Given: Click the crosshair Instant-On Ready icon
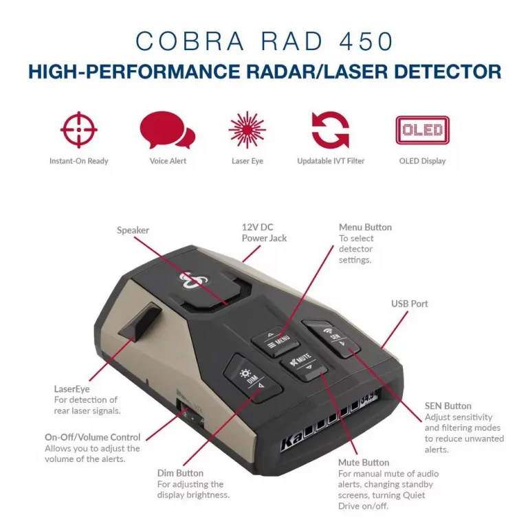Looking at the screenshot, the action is pos(79,130).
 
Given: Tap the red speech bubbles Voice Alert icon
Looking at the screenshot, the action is pos(167,130).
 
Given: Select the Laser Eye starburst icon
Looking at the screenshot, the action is pos(247,130).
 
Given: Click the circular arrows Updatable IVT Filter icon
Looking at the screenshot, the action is pos(330,130).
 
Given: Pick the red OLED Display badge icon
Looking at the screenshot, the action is pos(422,131).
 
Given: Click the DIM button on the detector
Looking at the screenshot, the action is pos(252,378).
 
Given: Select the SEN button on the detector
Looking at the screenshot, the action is pos(331,338).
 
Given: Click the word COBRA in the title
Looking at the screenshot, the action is pos(190,41).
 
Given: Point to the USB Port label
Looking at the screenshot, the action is pos(410,304).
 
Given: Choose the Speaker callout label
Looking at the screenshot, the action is pos(133,230).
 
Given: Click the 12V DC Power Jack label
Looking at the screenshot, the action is pos(264,232).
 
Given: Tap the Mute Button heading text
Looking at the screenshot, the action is pos(364,463).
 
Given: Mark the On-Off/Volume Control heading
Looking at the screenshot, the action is pos(92,437).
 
